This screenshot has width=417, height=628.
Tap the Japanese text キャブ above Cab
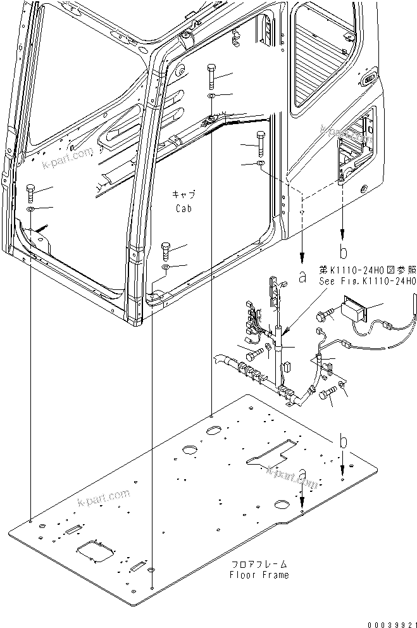pyautogui.click(x=184, y=194)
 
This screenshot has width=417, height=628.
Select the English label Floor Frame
pyautogui.click(x=259, y=575)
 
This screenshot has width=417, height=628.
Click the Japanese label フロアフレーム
pyautogui.click(x=259, y=563)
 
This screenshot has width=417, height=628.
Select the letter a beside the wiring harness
pyautogui.click(x=302, y=276)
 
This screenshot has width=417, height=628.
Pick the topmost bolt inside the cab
pyautogui.click(x=210, y=75)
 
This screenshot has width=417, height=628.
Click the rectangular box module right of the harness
pyautogui.click(x=355, y=311)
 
